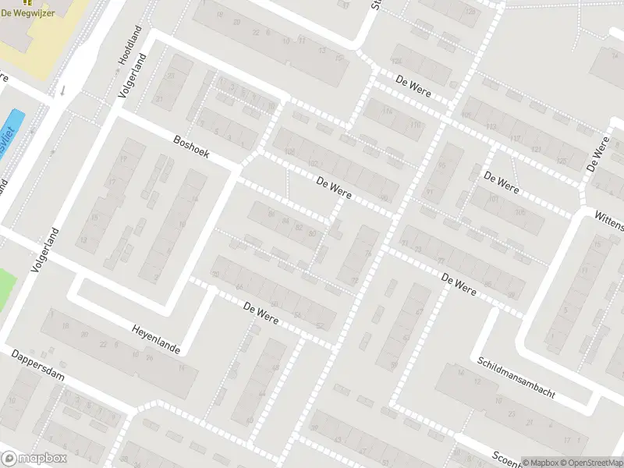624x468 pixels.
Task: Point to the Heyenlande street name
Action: (156, 340)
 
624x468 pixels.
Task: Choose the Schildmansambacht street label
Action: (516, 379)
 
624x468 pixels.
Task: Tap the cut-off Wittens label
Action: (609, 221)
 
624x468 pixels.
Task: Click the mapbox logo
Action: (34, 458)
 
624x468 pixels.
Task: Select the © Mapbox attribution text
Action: (541, 462)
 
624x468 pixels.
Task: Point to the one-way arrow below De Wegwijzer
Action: (64, 90)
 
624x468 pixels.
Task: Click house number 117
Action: (515, 139)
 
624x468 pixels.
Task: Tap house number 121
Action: (537, 148)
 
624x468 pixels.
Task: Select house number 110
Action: (415, 126)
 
